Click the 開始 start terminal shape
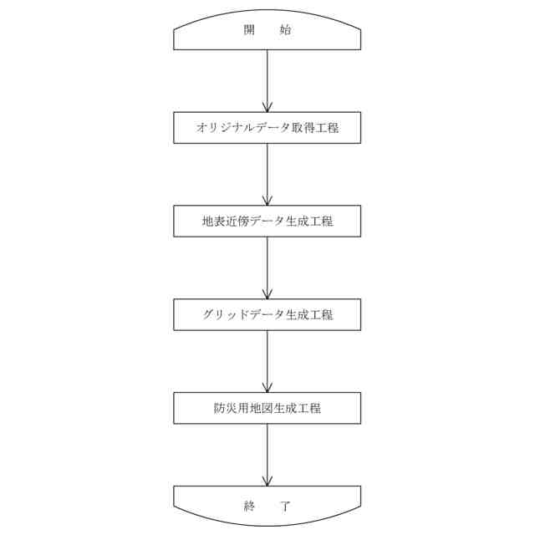coord(267,33)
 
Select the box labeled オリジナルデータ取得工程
coord(267,128)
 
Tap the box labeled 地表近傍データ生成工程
coord(267,222)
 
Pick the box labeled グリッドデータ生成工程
coord(267,315)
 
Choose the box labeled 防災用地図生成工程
coord(267,409)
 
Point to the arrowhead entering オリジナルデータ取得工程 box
coord(267,107)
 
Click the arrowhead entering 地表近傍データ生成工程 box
coord(267,201)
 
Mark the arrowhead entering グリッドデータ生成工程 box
coord(267,294)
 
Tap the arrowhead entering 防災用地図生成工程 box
coord(267,388)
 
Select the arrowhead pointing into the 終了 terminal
coord(267,481)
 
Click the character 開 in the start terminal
coord(249,31)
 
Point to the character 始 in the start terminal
coord(285,31)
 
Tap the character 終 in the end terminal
coord(249,505)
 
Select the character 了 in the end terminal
coord(285,505)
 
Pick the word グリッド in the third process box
coord(223,315)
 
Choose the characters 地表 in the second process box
coord(213,222)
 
